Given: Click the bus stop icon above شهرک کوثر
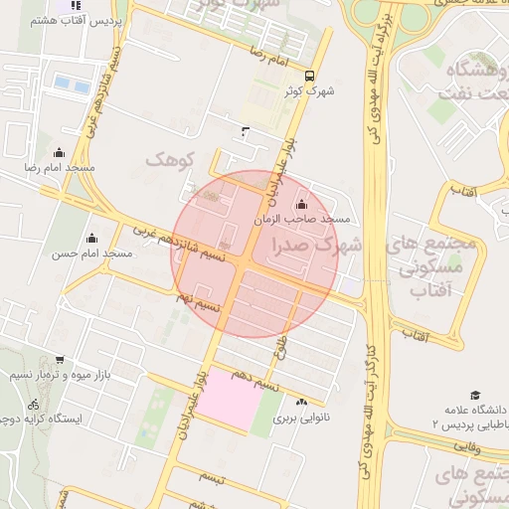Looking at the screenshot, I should click(x=309, y=76).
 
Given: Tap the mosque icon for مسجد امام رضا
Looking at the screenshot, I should click(x=59, y=152).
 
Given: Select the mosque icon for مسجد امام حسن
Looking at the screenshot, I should click(x=92, y=238).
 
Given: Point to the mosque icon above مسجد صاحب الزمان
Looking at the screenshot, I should click(x=302, y=204).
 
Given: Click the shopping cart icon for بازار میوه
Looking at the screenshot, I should click(x=60, y=360).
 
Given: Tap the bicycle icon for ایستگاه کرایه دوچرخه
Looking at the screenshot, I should click(x=34, y=405).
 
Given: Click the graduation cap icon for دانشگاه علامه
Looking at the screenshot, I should click(x=475, y=395).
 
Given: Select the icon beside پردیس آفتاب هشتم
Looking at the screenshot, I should click(x=80, y=19).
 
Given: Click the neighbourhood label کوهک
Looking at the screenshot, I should click(x=167, y=158).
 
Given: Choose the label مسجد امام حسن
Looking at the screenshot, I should click(x=92, y=254).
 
